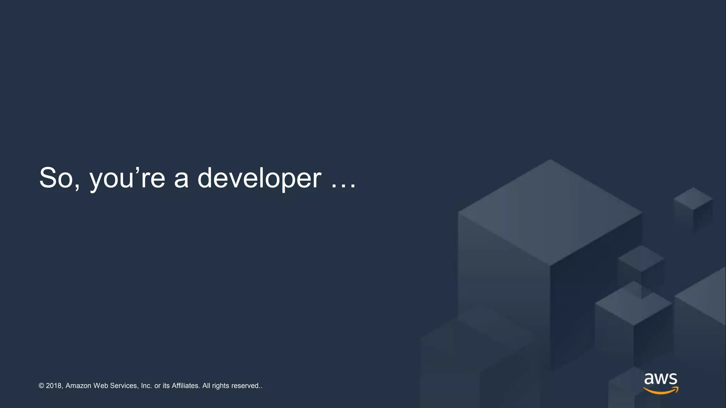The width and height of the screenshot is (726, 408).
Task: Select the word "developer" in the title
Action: tap(259, 178)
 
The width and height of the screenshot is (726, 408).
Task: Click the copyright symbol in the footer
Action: tap(41, 386)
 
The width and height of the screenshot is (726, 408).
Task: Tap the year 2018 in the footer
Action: tap(54, 386)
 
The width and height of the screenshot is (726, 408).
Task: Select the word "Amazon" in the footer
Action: tap(78, 386)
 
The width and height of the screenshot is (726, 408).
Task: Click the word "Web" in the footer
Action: tap(101, 386)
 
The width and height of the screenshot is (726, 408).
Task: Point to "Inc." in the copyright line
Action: tap(146, 386)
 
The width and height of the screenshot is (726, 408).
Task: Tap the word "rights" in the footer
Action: tap(220, 386)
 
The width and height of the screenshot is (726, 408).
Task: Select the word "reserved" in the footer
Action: tap(245, 386)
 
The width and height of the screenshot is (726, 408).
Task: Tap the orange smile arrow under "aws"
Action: tap(660, 391)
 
